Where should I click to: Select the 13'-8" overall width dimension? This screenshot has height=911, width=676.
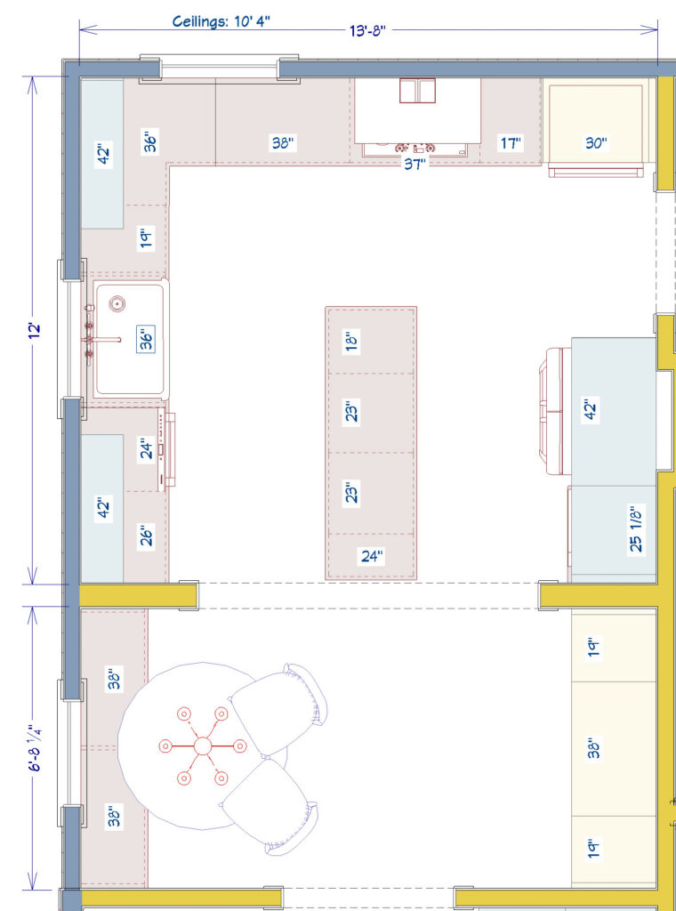[x=366, y=30]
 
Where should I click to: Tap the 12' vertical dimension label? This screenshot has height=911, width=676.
[x=34, y=330]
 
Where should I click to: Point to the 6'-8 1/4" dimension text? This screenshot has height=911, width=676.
[x=34, y=747]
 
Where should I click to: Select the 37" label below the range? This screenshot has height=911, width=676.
[x=414, y=164]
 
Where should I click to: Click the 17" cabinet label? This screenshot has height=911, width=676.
[x=511, y=142]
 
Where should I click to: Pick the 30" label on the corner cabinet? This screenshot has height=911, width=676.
[x=596, y=142]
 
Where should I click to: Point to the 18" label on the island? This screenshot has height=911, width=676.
[x=351, y=340]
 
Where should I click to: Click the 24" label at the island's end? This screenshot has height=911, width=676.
[x=371, y=557]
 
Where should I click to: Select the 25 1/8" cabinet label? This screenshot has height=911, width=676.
[x=636, y=530]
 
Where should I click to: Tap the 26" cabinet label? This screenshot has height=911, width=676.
[x=147, y=536]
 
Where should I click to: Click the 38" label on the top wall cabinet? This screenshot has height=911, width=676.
[x=283, y=142]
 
